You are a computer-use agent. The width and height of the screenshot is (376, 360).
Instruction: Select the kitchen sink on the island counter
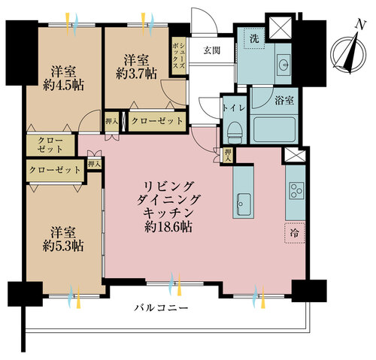[x=244, y=201]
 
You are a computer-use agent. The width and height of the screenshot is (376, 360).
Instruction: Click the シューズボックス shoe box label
[x=179, y=56]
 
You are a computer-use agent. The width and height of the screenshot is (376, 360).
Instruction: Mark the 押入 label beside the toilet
[x=228, y=154]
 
